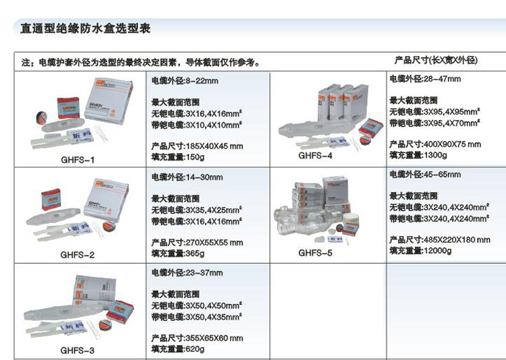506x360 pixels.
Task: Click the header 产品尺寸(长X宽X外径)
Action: point(436,61)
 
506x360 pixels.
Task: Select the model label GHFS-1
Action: point(78,160)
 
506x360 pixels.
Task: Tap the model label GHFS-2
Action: point(78,255)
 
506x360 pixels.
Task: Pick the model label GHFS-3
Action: point(78,351)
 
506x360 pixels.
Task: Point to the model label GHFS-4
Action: point(315,154)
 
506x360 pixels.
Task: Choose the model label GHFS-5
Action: point(315,253)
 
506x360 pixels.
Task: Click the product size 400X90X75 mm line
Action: point(435,144)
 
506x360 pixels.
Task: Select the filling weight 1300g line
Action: point(418,155)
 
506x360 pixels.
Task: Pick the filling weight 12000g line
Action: point(420,251)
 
